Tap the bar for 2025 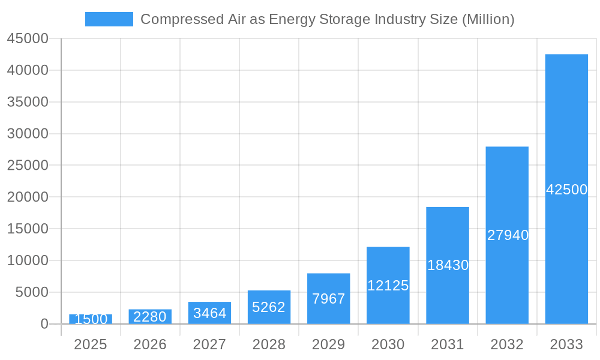click(91, 319)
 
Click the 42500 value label click(566, 190)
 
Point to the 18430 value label click(448, 265)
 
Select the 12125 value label click(388, 286)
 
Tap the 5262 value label click(269, 307)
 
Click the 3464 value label click(209, 313)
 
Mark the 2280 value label click(150, 317)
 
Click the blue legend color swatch click(109, 19)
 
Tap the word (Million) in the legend click(487, 19)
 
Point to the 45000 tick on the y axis click(27, 38)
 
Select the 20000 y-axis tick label click(27, 197)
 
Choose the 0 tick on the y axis click(44, 324)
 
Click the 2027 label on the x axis click(209, 344)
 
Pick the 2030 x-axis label click(388, 344)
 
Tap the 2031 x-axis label click(448, 344)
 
